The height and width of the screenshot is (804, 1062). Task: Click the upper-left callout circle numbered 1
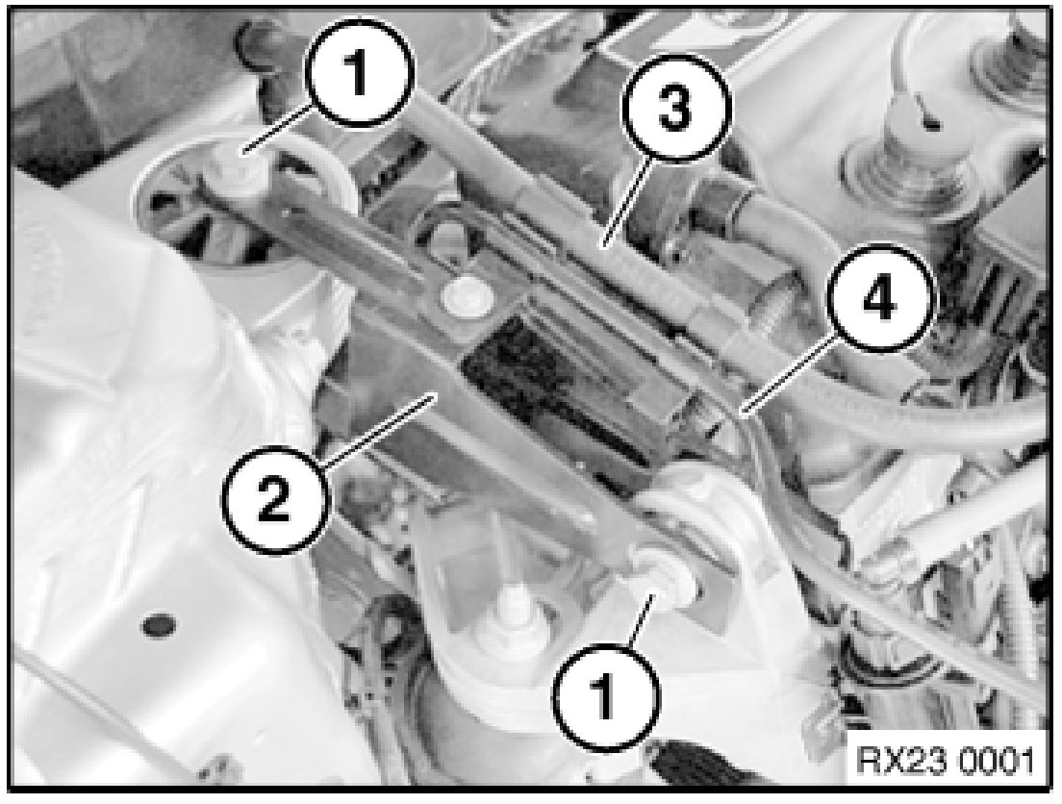tap(359, 74)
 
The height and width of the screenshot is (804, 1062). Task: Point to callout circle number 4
tap(878, 299)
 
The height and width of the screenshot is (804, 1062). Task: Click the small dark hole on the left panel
tap(157, 624)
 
